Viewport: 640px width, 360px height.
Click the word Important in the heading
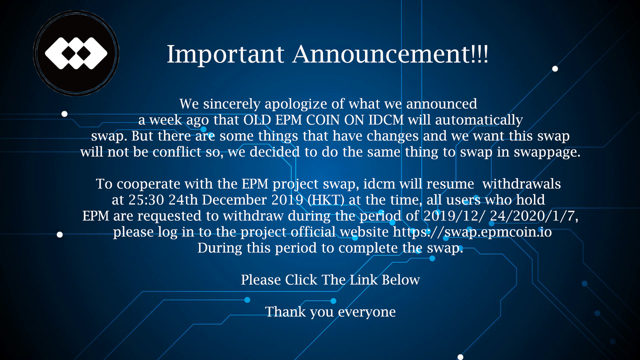coord(225,54)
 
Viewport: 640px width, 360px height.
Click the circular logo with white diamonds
coord(76,53)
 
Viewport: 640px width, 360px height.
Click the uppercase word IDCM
coord(386,120)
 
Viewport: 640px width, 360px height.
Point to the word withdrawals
coord(522,184)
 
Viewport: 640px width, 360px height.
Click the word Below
coord(401,280)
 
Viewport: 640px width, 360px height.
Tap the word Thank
coord(285,312)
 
